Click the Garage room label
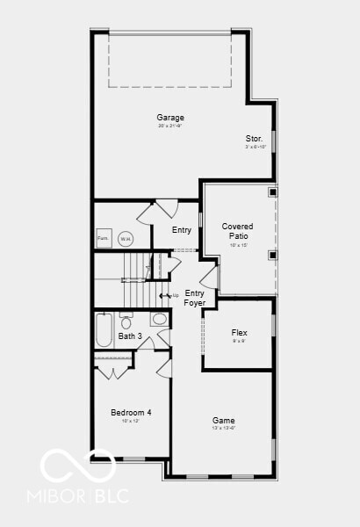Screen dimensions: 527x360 coord(170,118)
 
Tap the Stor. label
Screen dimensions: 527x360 coord(254,139)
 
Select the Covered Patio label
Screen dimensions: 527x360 coord(239,231)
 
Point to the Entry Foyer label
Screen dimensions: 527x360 coord(194,298)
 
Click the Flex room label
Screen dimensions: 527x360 coord(239,333)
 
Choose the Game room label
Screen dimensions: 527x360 coord(223,420)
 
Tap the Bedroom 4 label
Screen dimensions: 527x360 coord(131,413)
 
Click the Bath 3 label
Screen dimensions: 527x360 coord(130,336)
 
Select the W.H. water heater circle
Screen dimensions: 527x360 coord(126,238)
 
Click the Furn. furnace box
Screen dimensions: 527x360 coord(104,238)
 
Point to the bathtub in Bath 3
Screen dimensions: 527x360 coord(104,330)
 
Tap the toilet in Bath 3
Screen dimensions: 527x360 coord(126,321)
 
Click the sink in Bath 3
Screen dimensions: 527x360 coord(159,318)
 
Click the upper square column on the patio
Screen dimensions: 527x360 coord(272,192)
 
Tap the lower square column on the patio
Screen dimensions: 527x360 coord(272,255)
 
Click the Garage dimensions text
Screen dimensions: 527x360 coord(170,126)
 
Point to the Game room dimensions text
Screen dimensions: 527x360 coord(223,429)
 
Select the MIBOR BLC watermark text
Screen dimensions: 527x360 coord(84,495)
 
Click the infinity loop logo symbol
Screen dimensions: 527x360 coord(79,465)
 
